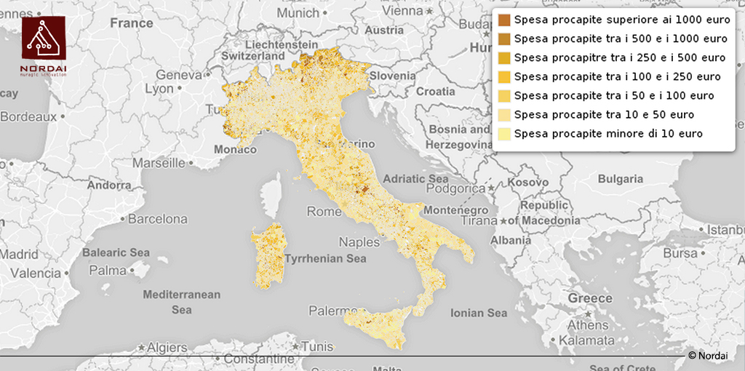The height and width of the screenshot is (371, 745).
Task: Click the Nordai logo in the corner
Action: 43,45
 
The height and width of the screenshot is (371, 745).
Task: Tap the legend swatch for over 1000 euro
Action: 504,20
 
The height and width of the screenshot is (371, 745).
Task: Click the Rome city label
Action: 324,212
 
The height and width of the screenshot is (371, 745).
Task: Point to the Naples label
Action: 359,242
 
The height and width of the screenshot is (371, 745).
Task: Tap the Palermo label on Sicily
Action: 333,311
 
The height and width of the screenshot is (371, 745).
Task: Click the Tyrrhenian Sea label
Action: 325,258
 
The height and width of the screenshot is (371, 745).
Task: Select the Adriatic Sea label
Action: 415,178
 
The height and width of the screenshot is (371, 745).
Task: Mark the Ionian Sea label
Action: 478,313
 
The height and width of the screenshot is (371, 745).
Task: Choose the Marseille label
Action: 159,163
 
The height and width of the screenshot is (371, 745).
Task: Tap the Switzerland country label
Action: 253,56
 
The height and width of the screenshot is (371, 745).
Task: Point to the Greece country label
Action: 590,298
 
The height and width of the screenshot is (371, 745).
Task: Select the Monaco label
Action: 235,149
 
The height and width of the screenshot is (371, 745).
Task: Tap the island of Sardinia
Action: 270,255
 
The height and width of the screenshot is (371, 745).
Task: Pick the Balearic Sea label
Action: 116,252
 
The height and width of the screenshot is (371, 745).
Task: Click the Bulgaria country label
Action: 620,179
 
